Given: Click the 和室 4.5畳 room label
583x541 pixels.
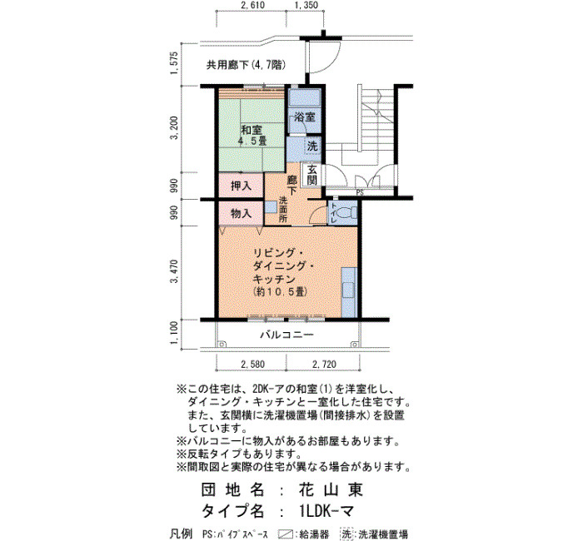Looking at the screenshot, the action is pyautogui.click(x=253, y=135).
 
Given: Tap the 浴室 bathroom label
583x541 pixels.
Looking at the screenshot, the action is pyautogui.click(x=305, y=117).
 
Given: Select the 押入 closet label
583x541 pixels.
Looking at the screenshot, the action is pyautogui.click(x=241, y=186).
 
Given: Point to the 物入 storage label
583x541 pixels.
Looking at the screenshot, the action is pyautogui.click(x=241, y=213).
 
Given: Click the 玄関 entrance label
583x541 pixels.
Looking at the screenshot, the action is pyautogui.click(x=312, y=175).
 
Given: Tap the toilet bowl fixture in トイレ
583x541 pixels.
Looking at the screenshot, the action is pyautogui.click(x=347, y=212).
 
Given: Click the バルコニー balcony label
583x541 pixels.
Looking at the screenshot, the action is pyautogui.click(x=287, y=335).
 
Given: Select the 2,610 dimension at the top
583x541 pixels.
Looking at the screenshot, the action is pyautogui.click(x=253, y=5).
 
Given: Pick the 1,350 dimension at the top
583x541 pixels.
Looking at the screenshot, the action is pyautogui.click(x=306, y=5).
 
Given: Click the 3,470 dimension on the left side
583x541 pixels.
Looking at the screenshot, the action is pyautogui.click(x=174, y=271).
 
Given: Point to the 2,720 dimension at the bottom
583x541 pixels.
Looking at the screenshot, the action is pyautogui.click(x=324, y=365).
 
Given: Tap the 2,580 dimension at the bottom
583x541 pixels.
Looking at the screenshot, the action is pyautogui.click(x=253, y=365).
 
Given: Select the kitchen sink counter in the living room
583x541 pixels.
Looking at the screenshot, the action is pyautogui.click(x=349, y=292).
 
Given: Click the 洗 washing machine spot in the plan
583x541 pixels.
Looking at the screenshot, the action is pyautogui.click(x=312, y=146).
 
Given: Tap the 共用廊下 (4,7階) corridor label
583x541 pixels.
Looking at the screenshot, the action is pyautogui.click(x=247, y=66).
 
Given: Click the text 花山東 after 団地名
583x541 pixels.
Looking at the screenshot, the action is pyautogui.click(x=331, y=489).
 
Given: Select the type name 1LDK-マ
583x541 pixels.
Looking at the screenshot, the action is pyautogui.click(x=326, y=511).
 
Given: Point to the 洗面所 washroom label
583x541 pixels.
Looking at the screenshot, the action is pyautogui.click(x=283, y=210).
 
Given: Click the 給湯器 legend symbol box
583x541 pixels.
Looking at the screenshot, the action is pyautogui.click(x=287, y=534).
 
